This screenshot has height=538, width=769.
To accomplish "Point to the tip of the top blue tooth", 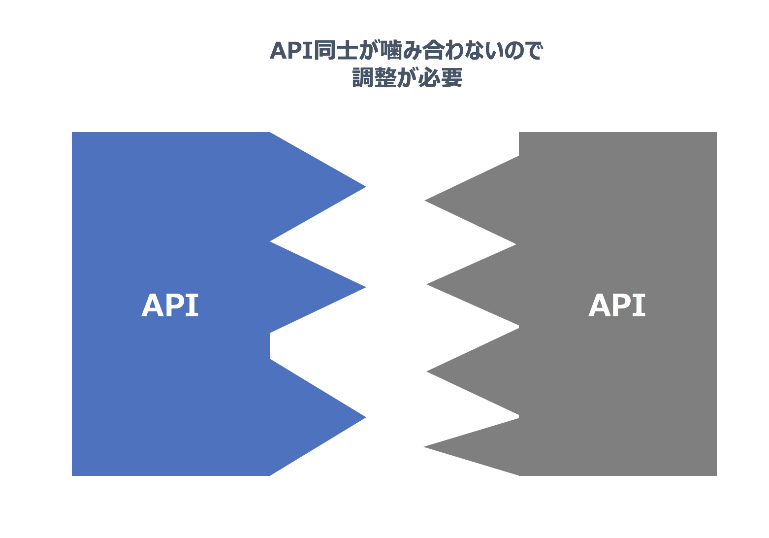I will [364, 187].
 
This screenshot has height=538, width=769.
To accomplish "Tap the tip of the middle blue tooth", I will [364, 287].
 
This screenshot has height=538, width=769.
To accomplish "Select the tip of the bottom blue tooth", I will [364, 417].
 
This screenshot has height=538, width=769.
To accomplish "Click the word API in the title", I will [291, 51].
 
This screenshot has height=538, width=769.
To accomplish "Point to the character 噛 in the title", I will [385, 51].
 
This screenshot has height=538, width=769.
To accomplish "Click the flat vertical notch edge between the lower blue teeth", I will [270, 346].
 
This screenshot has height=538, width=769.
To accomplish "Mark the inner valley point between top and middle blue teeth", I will [271, 241].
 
